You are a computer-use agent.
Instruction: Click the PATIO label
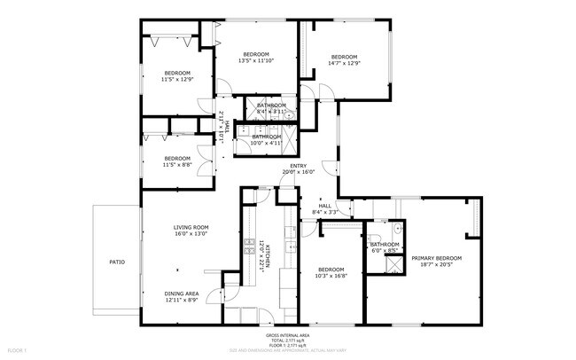[x=117, y=262]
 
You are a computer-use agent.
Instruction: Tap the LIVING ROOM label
[x=191, y=227]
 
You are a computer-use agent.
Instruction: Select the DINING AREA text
[x=181, y=293]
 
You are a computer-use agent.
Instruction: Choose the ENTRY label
[x=299, y=165]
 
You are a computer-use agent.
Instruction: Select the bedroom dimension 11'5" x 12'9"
[x=177, y=79]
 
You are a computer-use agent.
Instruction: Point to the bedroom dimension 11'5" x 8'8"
[x=177, y=164]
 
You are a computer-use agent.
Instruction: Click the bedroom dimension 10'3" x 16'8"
[x=331, y=276]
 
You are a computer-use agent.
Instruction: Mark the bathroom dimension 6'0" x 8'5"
[x=385, y=251]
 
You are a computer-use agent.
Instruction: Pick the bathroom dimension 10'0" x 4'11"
[x=266, y=143]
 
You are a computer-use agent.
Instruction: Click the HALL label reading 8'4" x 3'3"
[x=325, y=212]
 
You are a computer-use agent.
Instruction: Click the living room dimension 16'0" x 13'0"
[x=191, y=233]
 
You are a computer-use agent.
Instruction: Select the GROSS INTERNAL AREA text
[x=288, y=335]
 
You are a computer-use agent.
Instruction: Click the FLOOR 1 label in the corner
[x=12, y=352]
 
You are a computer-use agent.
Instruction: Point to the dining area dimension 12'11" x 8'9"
[x=181, y=300]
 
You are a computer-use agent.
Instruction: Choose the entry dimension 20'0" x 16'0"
[x=299, y=171]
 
